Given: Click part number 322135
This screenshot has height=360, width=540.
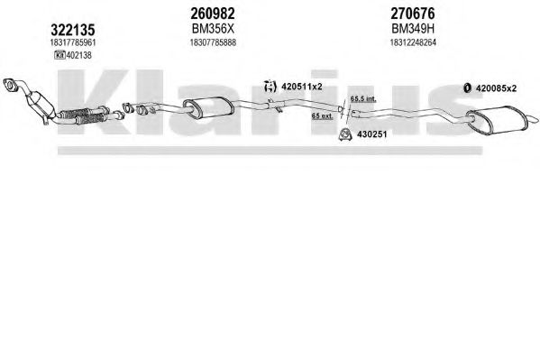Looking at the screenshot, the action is pos(73,31).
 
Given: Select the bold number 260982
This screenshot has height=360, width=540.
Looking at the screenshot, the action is pos(213,14).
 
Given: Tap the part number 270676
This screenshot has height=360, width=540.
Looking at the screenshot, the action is pos(413,14).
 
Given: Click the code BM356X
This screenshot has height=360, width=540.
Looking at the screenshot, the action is pos(213,29).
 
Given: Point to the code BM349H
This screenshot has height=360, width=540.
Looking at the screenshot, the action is pos(413,29).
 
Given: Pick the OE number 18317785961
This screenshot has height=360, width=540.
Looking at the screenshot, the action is pos(73,42).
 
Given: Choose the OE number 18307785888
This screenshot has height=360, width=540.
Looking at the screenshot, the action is pos(213,42).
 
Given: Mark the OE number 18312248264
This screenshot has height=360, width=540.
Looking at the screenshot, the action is pos(413,42).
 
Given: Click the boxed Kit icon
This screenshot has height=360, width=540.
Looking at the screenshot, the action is pos(59,55).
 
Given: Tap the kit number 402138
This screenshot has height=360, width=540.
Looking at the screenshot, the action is pos(78,55).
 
